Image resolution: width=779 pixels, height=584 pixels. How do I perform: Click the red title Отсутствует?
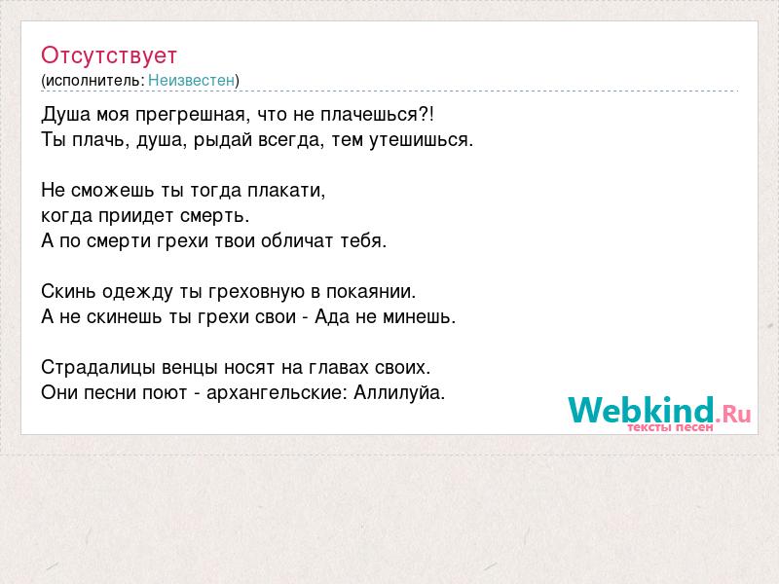(x=109, y=55)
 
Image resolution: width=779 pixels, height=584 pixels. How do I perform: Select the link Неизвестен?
(x=191, y=81)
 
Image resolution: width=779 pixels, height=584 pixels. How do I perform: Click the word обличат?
(x=297, y=241)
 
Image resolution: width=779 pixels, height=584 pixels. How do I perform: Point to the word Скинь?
(x=68, y=291)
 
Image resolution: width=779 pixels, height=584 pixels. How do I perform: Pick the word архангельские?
(x=275, y=393)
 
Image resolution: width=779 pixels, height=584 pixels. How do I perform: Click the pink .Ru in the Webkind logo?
(x=733, y=413)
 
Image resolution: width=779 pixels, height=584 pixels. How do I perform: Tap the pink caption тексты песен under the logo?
(x=670, y=427)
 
